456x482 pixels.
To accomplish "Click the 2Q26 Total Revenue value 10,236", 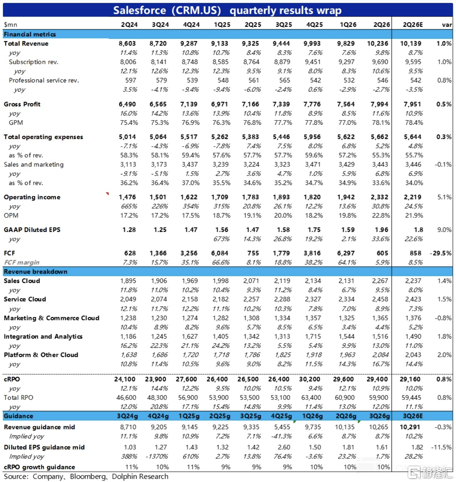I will click(x=377, y=43).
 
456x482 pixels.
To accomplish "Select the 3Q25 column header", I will click(x=284, y=25).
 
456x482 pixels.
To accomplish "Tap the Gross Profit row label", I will click(x=22, y=104).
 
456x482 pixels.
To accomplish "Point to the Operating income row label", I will click(x=32, y=197).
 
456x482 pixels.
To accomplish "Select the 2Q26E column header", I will click(x=413, y=25).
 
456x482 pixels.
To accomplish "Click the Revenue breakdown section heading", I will click(x=35, y=272).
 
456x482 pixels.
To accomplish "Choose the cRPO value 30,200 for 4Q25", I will click(x=310, y=379).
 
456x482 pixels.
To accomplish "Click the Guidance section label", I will click(x=18, y=416).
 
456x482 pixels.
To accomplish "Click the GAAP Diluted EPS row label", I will click(x=32, y=230).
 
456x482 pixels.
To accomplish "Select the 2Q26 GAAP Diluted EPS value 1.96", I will click(x=382, y=230).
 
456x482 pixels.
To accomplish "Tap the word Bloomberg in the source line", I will click(x=88, y=477).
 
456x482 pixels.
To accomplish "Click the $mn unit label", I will click(x=10, y=25).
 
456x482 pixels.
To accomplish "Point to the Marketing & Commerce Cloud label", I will click(x=51, y=318).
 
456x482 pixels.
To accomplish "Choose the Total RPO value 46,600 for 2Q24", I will click(x=126, y=397).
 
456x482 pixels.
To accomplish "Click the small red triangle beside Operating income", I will click(x=107, y=193).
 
